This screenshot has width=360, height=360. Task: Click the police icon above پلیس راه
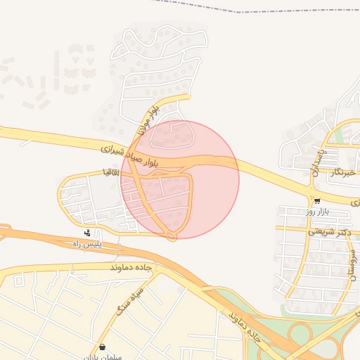87,233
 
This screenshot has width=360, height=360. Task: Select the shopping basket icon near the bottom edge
103,347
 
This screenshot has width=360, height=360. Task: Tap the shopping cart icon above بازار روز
317,200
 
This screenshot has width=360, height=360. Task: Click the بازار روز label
317,211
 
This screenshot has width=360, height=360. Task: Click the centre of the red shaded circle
180,179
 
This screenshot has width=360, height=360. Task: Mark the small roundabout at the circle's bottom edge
172,236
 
